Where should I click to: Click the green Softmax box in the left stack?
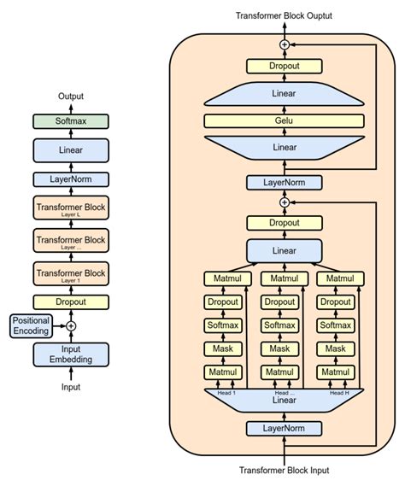coord(71,122)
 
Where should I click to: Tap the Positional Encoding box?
coord(32,325)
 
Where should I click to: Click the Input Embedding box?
coord(71,354)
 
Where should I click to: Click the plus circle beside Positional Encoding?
coord(71,325)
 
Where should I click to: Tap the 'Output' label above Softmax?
coord(71,97)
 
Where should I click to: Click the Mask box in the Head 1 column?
coord(223,348)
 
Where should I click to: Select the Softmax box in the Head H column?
coord(335,325)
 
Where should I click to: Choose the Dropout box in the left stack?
coord(71,302)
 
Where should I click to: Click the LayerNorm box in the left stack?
coord(71,179)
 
